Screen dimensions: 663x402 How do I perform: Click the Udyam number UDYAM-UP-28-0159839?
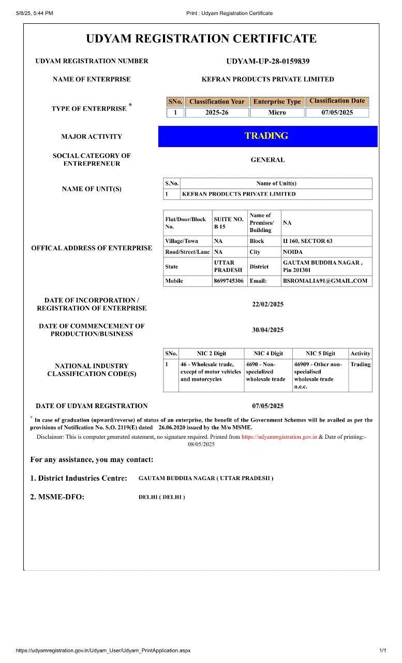[267, 61]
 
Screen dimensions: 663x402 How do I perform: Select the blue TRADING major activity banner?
[267, 136]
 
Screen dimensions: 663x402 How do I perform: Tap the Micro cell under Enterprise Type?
[277, 112]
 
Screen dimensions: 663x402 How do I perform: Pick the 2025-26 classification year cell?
[216, 112]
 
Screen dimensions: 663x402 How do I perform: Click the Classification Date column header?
[337, 101]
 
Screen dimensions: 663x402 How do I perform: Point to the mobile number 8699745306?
[228, 281]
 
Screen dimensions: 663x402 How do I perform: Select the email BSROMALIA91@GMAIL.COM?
[325, 281]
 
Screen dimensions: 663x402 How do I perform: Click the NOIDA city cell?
[292, 252]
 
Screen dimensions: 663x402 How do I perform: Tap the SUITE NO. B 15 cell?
[228, 223]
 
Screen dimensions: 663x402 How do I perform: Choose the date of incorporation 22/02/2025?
[267, 304]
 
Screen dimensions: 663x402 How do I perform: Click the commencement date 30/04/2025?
[267, 330]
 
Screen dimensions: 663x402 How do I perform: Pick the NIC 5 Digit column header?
[320, 353]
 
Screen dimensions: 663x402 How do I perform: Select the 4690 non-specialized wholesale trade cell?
[265, 371]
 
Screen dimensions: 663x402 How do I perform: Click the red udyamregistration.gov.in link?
[279, 437]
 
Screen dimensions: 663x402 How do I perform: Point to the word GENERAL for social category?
[267, 160]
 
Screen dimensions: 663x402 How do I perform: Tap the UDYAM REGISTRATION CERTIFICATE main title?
[201, 39]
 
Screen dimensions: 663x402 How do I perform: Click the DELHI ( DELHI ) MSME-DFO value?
[161, 497]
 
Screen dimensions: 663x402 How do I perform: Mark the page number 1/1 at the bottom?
[382, 650]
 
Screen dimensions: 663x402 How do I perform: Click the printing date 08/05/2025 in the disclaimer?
[201, 444]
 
